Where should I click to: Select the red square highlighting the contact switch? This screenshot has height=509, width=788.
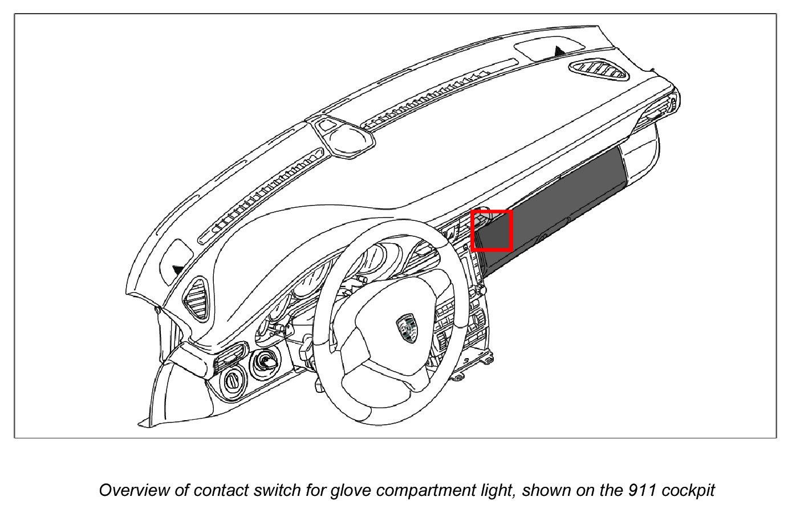click(492, 231)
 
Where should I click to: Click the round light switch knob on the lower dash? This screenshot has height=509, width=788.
click(233, 380)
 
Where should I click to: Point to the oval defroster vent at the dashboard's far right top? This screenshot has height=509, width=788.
click(598, 69)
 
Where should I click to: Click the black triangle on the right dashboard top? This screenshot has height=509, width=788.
click(560, 51)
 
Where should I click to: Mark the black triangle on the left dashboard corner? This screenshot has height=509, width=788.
click(178, 269)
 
